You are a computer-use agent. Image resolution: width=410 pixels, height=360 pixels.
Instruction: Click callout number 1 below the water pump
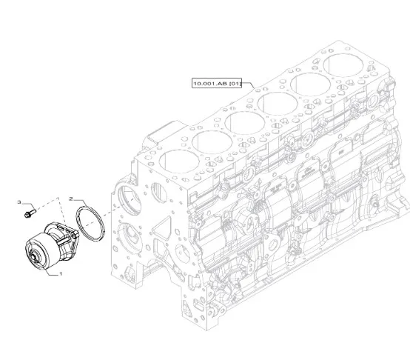click(61, 273)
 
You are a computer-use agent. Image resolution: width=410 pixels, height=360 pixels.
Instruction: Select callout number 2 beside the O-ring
click(71, 199)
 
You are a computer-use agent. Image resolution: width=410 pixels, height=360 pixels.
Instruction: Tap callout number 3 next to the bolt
click(19, 201)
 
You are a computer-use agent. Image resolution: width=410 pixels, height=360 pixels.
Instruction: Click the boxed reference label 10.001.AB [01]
click(217, 83)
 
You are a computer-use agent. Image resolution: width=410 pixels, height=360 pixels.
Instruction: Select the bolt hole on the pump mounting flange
click(75, 236)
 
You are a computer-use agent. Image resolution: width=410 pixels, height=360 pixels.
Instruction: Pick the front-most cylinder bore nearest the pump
click(179, 161)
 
